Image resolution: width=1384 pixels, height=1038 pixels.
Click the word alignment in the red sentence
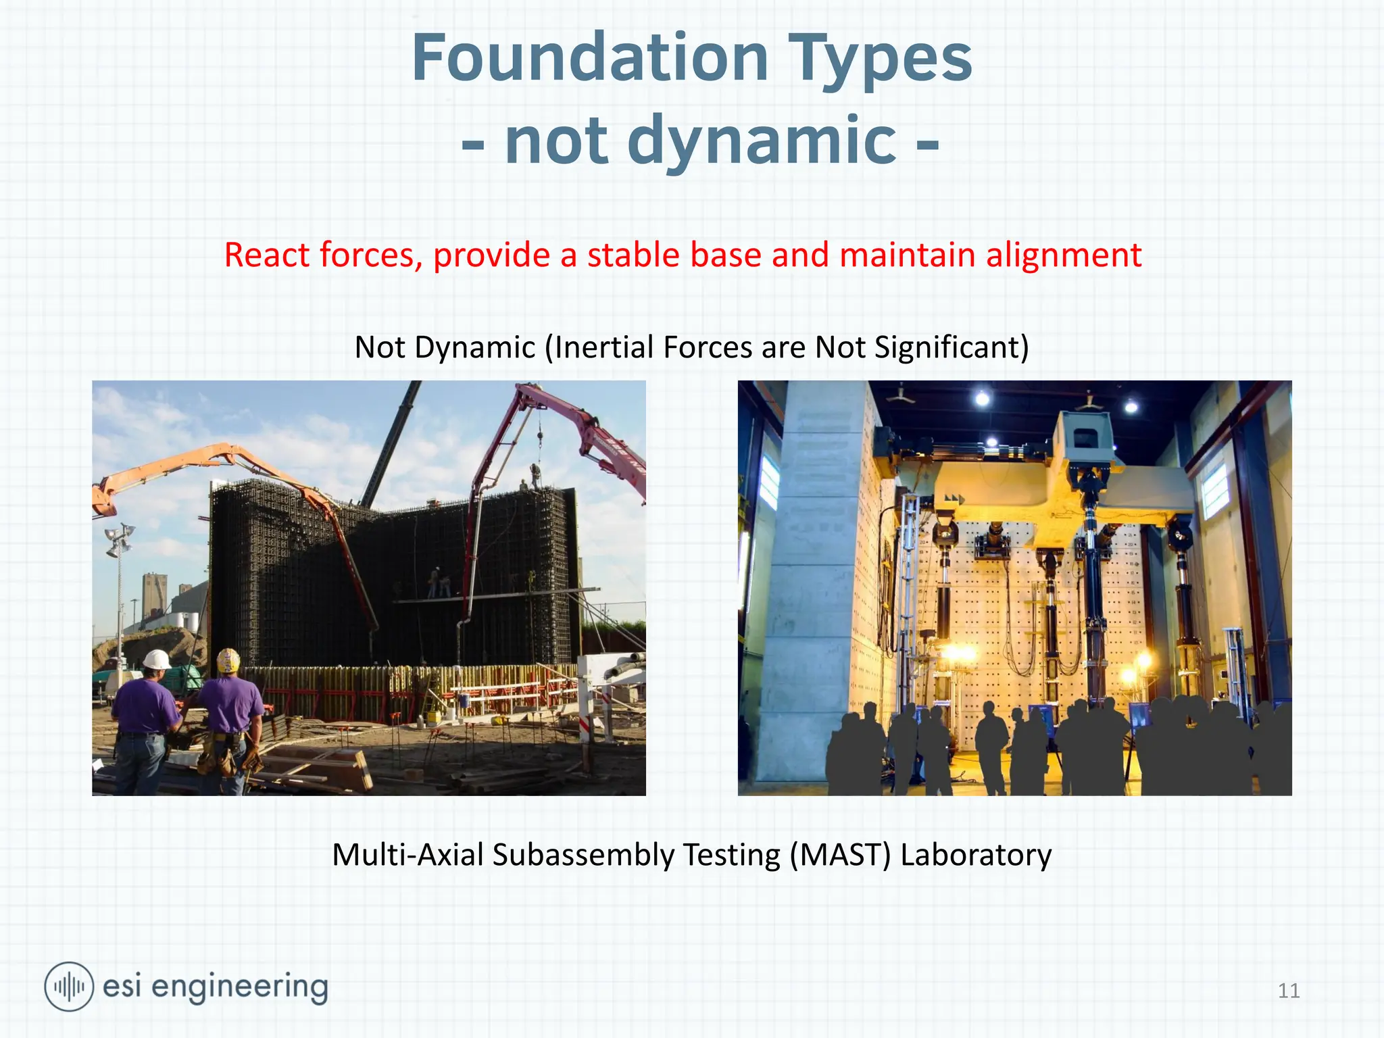(x=1063, y=256)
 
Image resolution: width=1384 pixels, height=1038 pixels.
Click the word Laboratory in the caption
(x=976, y=856)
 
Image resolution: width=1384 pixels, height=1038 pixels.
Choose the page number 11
(x=1289, y=991)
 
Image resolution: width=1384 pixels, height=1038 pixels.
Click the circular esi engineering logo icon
(x=68, y=987)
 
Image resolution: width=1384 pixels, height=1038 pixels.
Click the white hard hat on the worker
(x=157, y=659)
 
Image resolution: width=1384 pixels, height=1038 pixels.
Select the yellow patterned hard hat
(x=228, y=660)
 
